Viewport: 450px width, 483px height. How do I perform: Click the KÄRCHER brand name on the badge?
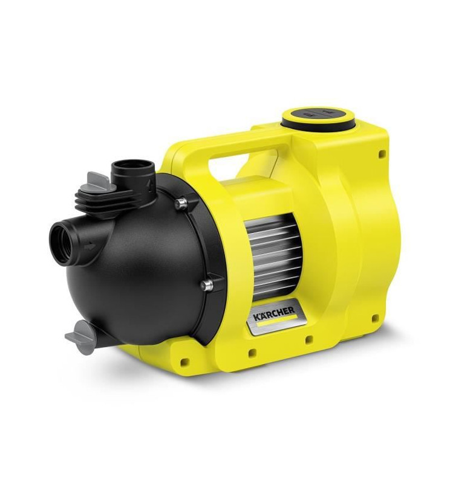(274, 314)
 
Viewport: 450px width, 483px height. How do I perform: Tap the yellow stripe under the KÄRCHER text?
(277, 321)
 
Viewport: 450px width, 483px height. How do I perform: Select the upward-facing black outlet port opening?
(133, 165)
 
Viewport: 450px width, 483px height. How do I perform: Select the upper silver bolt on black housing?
(181, 204)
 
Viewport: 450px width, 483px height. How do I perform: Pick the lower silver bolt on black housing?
(207, 285)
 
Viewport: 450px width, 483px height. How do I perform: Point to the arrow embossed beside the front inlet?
(90, 246)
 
